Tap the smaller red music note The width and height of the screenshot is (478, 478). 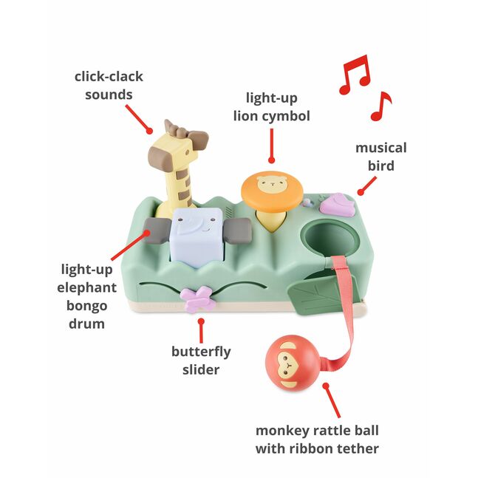click(381, 106)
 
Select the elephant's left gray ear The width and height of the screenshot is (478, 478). click(158, 231)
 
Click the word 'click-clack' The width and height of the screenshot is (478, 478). click(109, 77)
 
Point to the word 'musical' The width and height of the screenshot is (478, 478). click(380, 148)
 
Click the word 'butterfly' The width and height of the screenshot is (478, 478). click(201, 352)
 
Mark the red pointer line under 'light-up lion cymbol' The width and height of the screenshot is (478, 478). click(271, 145)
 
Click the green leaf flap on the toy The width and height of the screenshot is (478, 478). click(311, 296)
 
